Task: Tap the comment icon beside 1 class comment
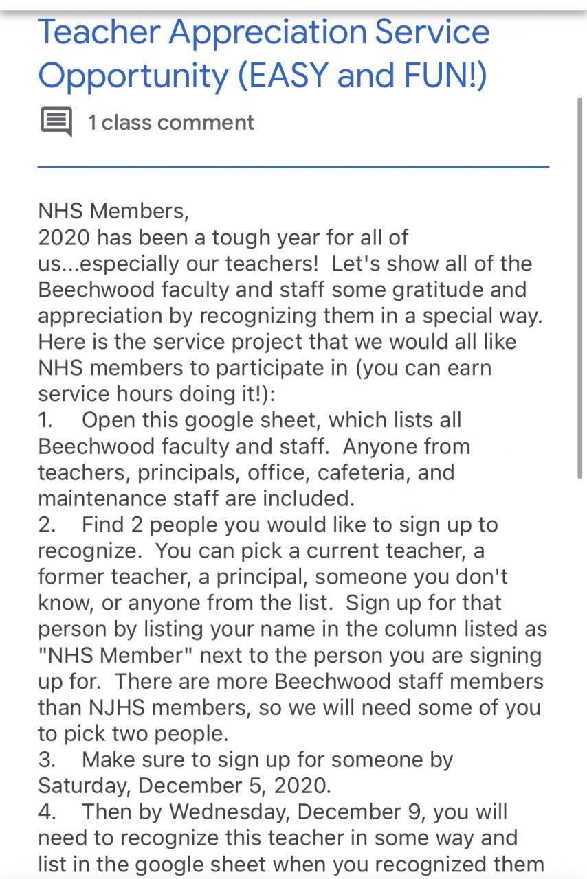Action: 56,122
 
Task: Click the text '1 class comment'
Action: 170,123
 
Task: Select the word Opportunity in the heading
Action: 133,76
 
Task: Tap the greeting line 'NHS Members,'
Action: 113,211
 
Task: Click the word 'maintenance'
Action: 97,499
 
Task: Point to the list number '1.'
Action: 46,420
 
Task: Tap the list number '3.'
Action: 47,760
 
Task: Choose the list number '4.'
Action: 47,812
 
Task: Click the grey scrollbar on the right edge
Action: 579,288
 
